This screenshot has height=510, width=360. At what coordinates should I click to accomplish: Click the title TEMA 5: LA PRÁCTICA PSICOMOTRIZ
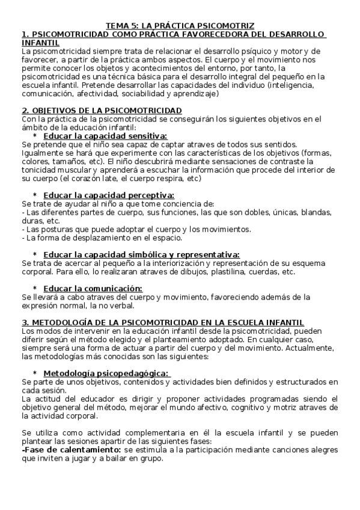pos(180,26)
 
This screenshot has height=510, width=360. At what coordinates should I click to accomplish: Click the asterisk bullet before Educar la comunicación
pos(35,288)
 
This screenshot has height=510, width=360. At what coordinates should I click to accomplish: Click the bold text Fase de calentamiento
pos(71,450)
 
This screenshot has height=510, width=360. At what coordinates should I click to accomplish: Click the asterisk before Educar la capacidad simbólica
pos(35,254)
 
